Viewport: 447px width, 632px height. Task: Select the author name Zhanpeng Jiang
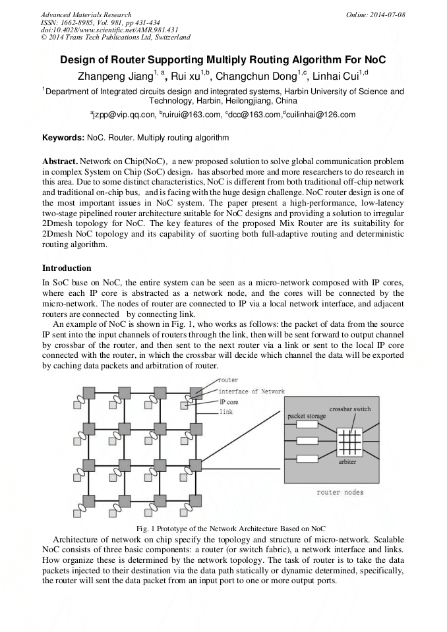[115, 74]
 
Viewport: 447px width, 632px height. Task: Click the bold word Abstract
[59, 161]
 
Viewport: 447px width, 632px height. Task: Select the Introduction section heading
[67, 268]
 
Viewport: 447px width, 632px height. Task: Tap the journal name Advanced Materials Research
[86, 14]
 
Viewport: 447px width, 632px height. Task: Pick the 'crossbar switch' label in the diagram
[349, 409]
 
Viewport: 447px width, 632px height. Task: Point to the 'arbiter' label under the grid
[347, 462]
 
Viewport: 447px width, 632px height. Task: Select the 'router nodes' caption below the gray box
[340, 492]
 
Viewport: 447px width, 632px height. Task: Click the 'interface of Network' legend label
[252, 391]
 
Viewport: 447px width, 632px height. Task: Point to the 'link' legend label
[225, 411]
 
